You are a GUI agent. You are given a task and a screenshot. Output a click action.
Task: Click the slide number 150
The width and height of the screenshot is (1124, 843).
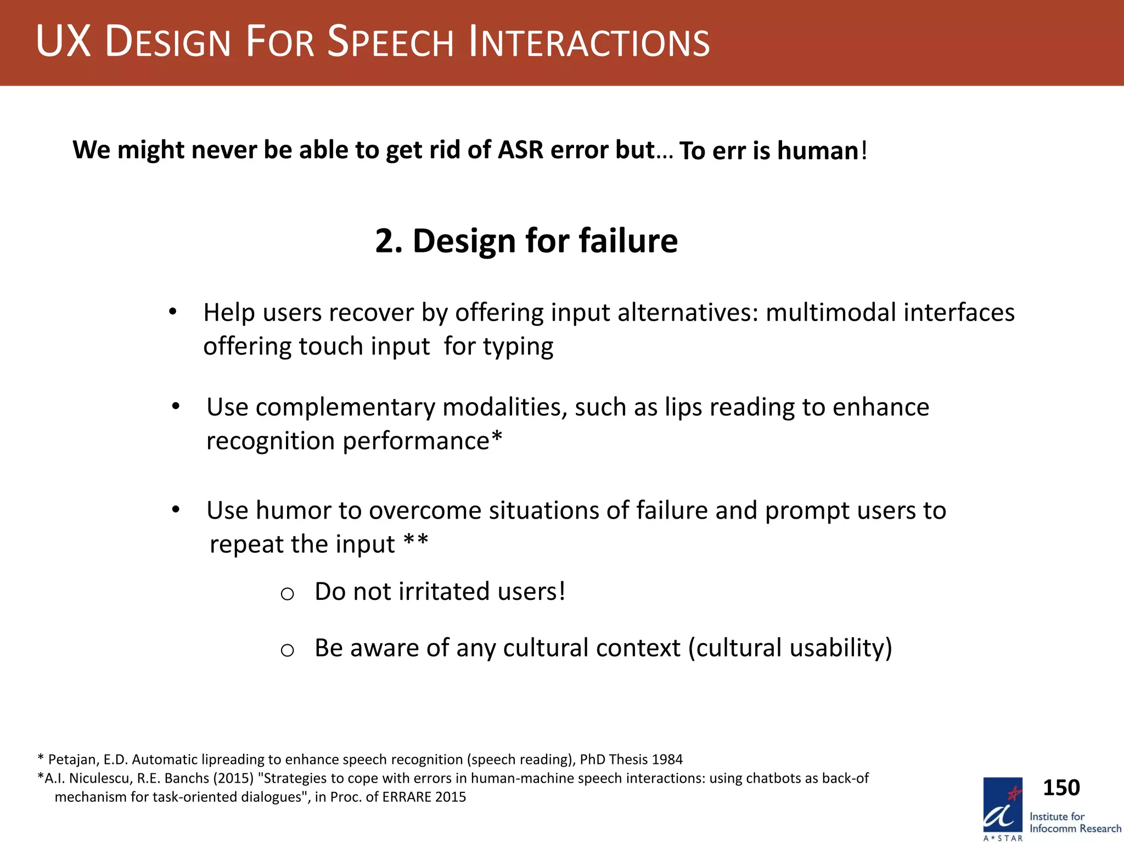point(1061,788)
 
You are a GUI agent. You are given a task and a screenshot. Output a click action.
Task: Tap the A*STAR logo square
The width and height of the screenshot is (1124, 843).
point(1002,805)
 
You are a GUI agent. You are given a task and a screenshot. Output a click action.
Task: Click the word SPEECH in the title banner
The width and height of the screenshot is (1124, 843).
point(391,43)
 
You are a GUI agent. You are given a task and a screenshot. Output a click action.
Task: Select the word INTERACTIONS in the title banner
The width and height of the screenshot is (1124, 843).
point(589,43)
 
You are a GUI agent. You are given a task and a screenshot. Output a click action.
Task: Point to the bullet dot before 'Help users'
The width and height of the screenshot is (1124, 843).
point(172,312)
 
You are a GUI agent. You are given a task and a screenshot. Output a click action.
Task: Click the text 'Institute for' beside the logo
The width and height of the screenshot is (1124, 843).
point(1056,816)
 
